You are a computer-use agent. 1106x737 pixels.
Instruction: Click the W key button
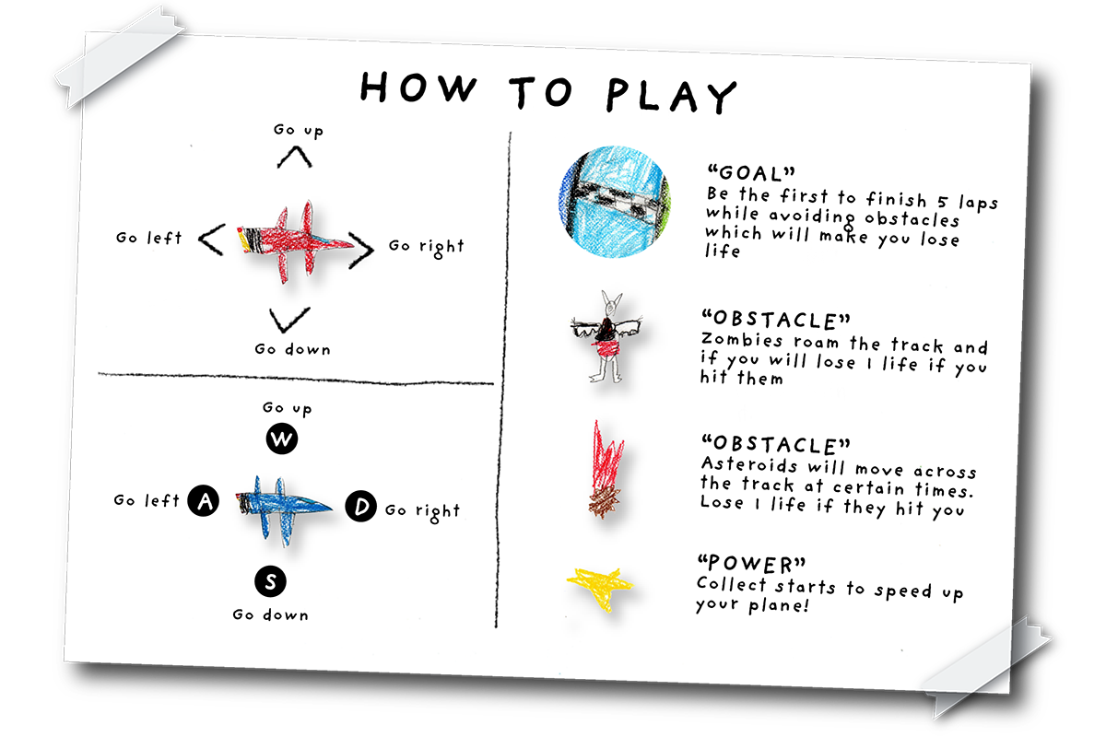point(281,439)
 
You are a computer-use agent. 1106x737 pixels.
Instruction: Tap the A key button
point(204,500)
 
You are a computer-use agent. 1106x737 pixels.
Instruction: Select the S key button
point(270,581)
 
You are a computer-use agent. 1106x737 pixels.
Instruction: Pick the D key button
point(361,506)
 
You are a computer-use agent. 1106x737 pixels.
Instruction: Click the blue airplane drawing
point(283,509)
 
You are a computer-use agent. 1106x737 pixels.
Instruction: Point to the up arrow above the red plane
point(294,158)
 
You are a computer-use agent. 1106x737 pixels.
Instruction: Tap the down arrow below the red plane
point(289,320)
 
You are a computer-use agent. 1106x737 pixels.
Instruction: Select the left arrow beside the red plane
point(212,240)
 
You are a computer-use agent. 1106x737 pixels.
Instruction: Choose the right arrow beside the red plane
point(361,250)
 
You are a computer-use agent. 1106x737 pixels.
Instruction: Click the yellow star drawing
point(600,588)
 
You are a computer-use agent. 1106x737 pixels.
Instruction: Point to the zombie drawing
point(606,337)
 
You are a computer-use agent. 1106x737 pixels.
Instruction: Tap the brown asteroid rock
point(605,501)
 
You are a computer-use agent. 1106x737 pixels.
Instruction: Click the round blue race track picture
point(615,202)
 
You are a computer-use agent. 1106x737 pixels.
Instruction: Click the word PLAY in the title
point(672,95)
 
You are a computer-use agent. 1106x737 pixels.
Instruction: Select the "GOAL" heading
point(751,173)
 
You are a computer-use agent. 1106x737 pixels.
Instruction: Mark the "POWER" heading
point(751,564)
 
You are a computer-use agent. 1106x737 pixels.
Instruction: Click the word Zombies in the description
point(742,340)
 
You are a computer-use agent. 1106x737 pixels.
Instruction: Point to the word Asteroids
point(748,465)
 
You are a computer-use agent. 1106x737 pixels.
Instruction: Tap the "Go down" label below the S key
point(271,614)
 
